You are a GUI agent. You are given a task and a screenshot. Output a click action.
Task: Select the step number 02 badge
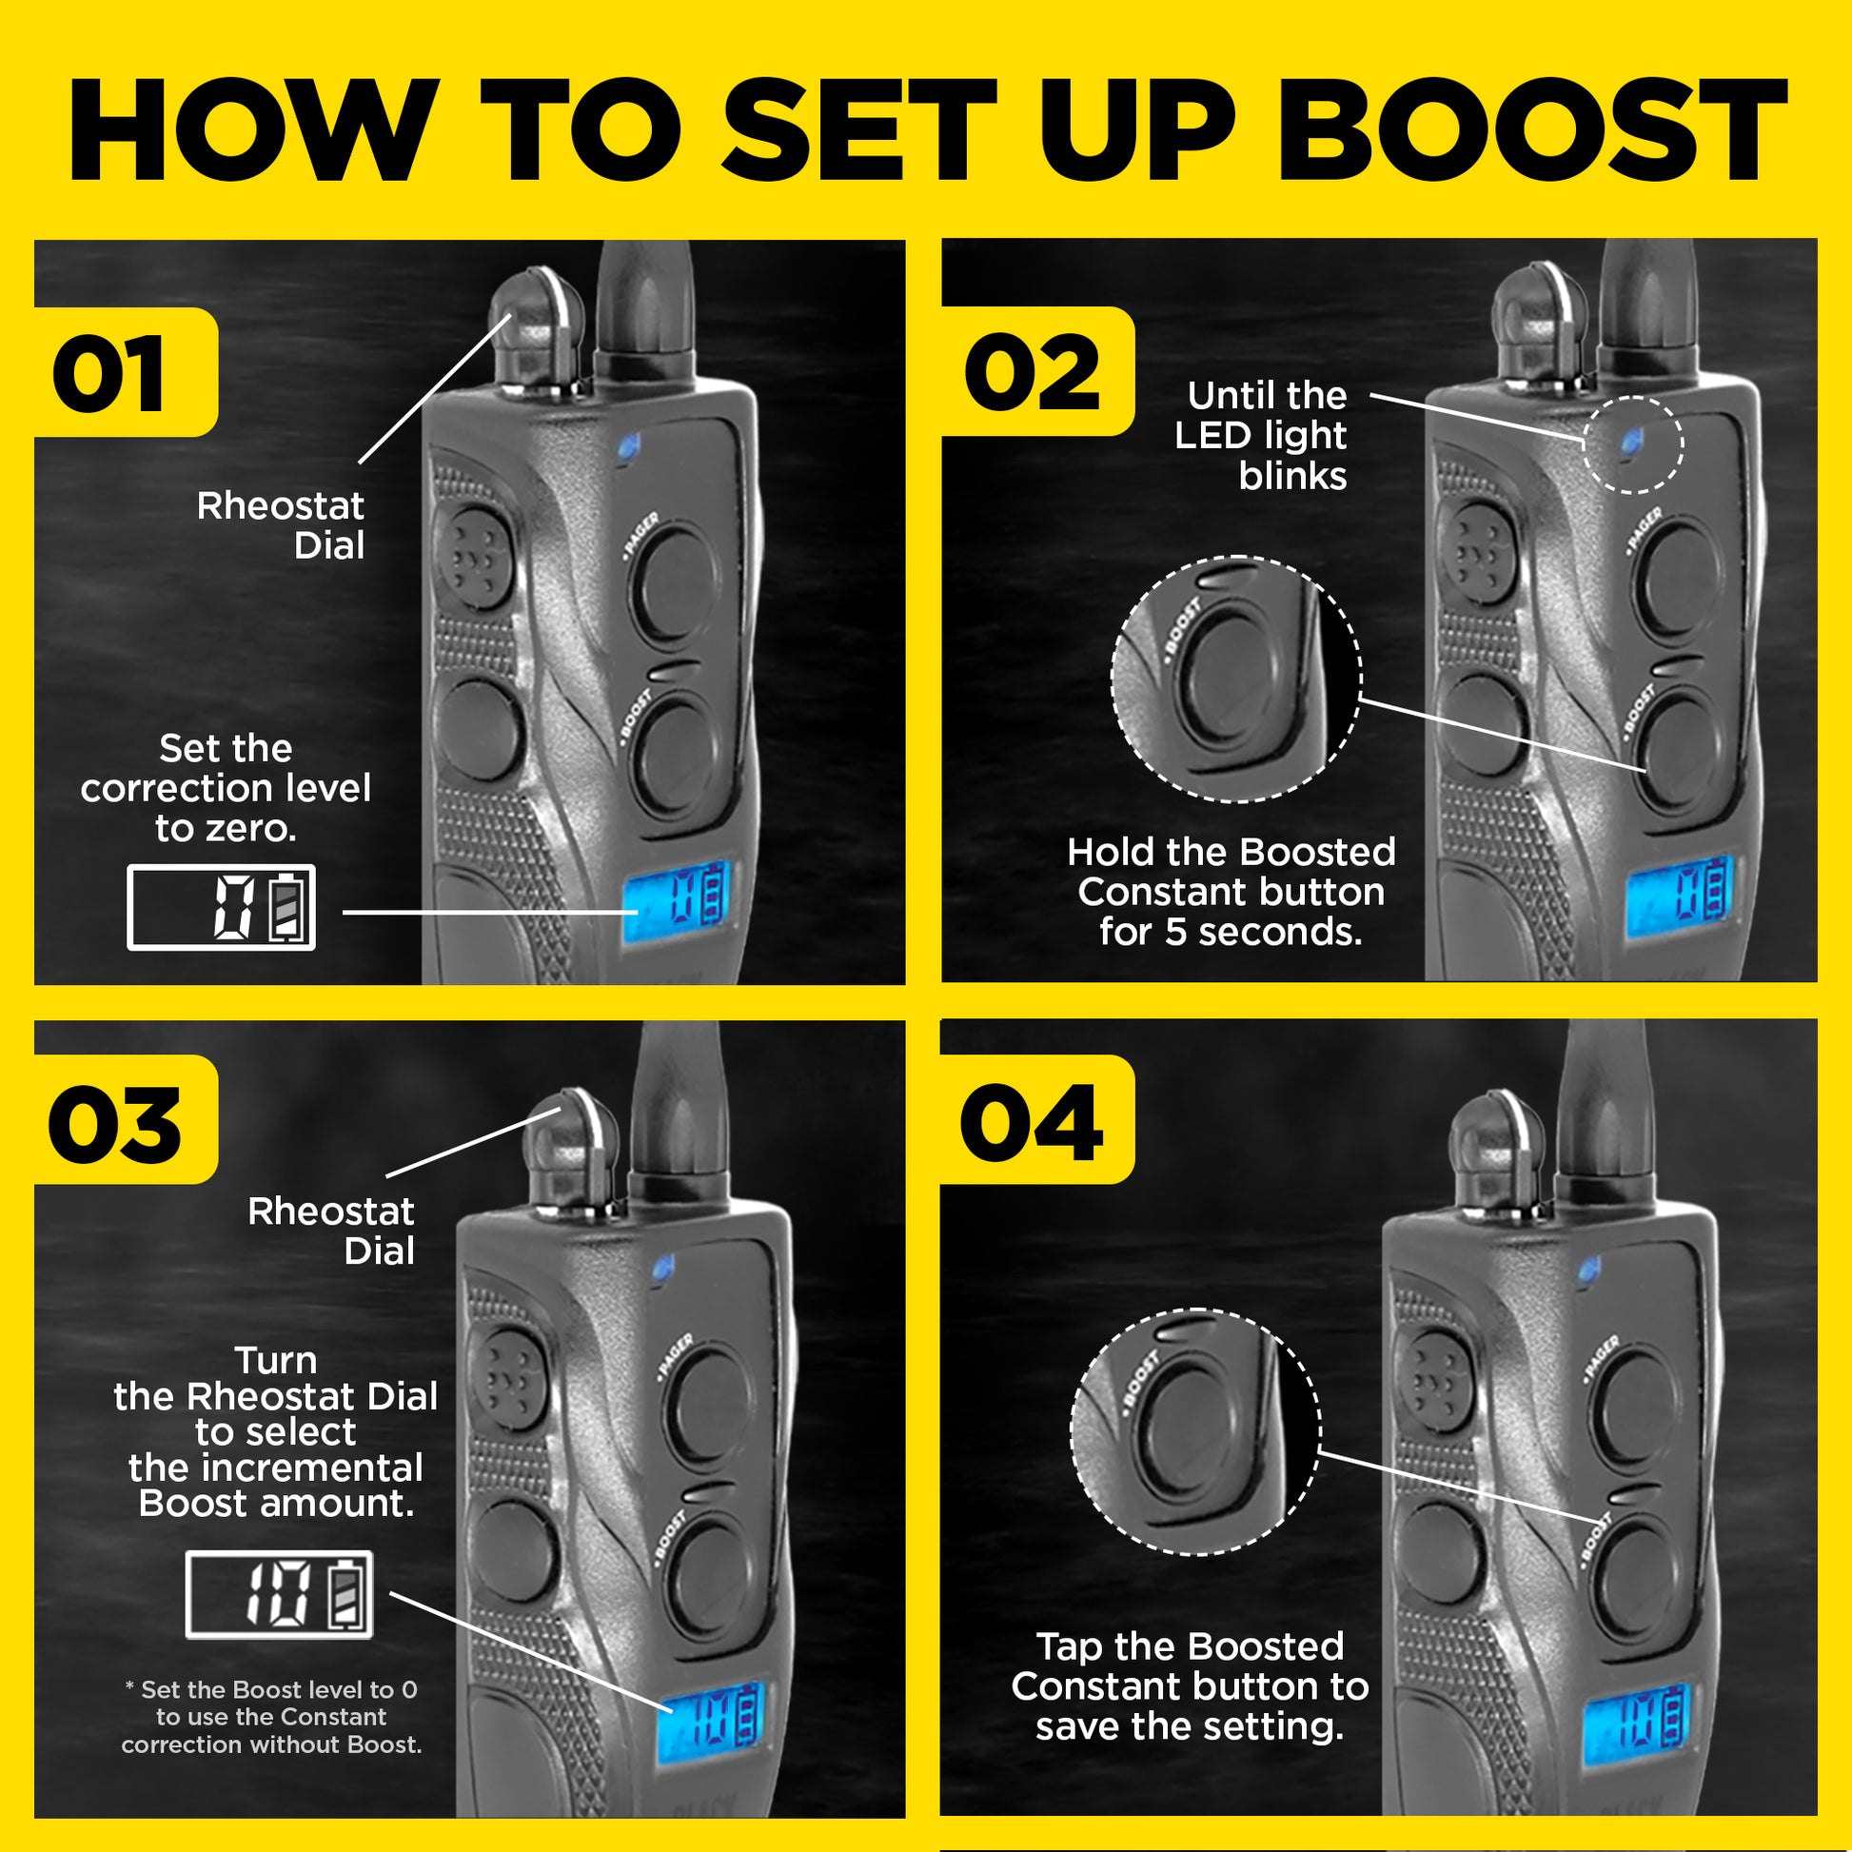click(x=1033, y=373)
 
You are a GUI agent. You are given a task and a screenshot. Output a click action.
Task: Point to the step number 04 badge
click(x=1033, y=1122)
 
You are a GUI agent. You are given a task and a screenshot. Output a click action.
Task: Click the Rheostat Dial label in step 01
click(x=281, y=525)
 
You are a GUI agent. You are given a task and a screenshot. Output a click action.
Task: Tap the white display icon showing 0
click(x=222, y=907)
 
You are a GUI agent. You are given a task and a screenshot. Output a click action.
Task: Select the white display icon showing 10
click(x=279, y=1594)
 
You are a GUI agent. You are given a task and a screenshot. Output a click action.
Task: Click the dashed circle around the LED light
click(x=1631, y=443)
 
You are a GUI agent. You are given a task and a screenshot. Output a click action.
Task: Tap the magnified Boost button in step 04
click(x=1192, y=1430)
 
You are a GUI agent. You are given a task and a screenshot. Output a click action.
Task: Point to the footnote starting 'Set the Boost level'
click(x=272, y=1717)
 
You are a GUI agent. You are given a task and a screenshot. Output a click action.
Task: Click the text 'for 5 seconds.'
click(x=1231, y=932)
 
